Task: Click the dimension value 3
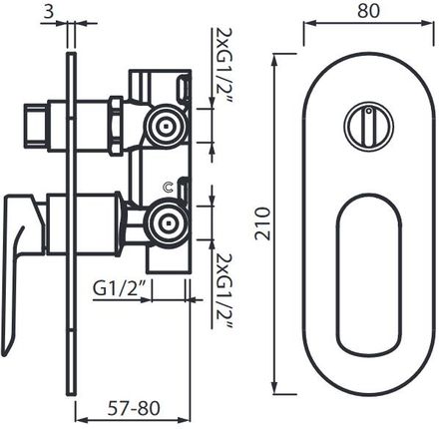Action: [48, 12]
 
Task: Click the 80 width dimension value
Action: [368, 11]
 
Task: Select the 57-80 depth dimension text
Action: [134, 408]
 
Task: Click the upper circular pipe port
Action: [166, 126]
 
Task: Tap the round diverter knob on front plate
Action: [369, 127]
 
